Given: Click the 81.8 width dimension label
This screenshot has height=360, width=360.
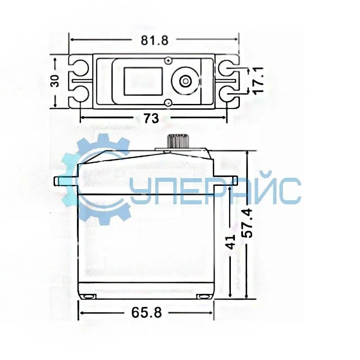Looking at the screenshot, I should [154, 40].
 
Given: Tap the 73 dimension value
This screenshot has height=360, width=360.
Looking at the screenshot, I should [151, 118].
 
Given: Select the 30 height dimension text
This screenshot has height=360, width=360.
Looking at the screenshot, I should [55, 81].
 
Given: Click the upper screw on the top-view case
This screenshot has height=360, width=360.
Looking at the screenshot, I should [168, 60].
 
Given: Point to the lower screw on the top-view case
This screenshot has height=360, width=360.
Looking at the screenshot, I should [168, 103].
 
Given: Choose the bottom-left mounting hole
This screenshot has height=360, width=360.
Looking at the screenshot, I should [81, 94].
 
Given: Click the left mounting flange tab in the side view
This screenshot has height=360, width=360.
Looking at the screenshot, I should [65, 180].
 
